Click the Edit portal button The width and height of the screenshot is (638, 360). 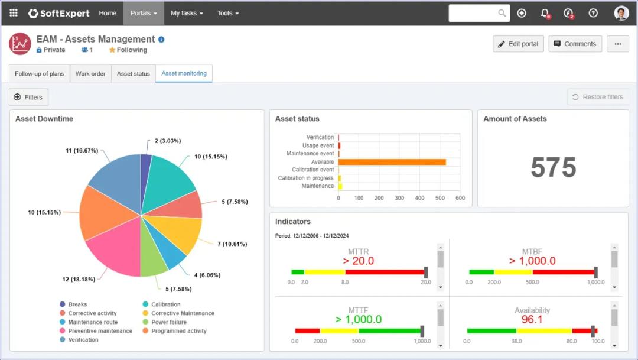pyautogui.click(x=518, y=44)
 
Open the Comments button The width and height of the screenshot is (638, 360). pyautogui.click(x=575, y=44)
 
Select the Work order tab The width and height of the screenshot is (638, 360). pyautogui.click(x=90, y=74)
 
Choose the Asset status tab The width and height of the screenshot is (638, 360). pyautogui.click(x=134, y=74)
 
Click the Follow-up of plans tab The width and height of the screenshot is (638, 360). pyautogui.click(x=40, y=74)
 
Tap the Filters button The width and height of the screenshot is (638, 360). pyautogui.click(x=28, y=97)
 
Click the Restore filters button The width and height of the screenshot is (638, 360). pyautogui.click(x=598, y=97)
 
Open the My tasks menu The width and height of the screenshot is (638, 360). pyautogui.click(x=186, y=13)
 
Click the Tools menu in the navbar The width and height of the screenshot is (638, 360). pyautogui.click(x=227, y=13)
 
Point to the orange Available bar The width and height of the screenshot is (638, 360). pyautogui.click(x=392, y=161)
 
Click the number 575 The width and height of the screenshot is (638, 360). pyautogui.click(x=553, y=168)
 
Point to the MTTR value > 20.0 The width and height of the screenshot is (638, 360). pyautogui.click(x=358, y=261)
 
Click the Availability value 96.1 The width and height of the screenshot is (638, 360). pyautogui.click(x=532, y=319)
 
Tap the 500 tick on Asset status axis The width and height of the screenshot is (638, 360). pyautogui.click(x=440, y=198)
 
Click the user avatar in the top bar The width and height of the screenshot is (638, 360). pyautogui.click(x=621, y=13)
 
